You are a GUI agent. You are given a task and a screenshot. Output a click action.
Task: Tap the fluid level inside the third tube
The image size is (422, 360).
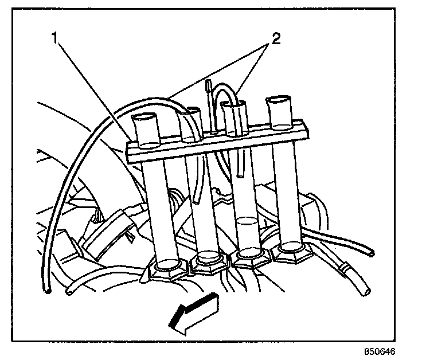tap(248, 220)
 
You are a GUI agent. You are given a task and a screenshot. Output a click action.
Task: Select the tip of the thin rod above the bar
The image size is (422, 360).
tap(209, 84)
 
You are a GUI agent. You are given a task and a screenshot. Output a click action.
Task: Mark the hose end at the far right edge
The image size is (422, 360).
tap(372, 252)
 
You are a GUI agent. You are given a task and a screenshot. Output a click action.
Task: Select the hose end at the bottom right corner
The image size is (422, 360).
tap(365, 294)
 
